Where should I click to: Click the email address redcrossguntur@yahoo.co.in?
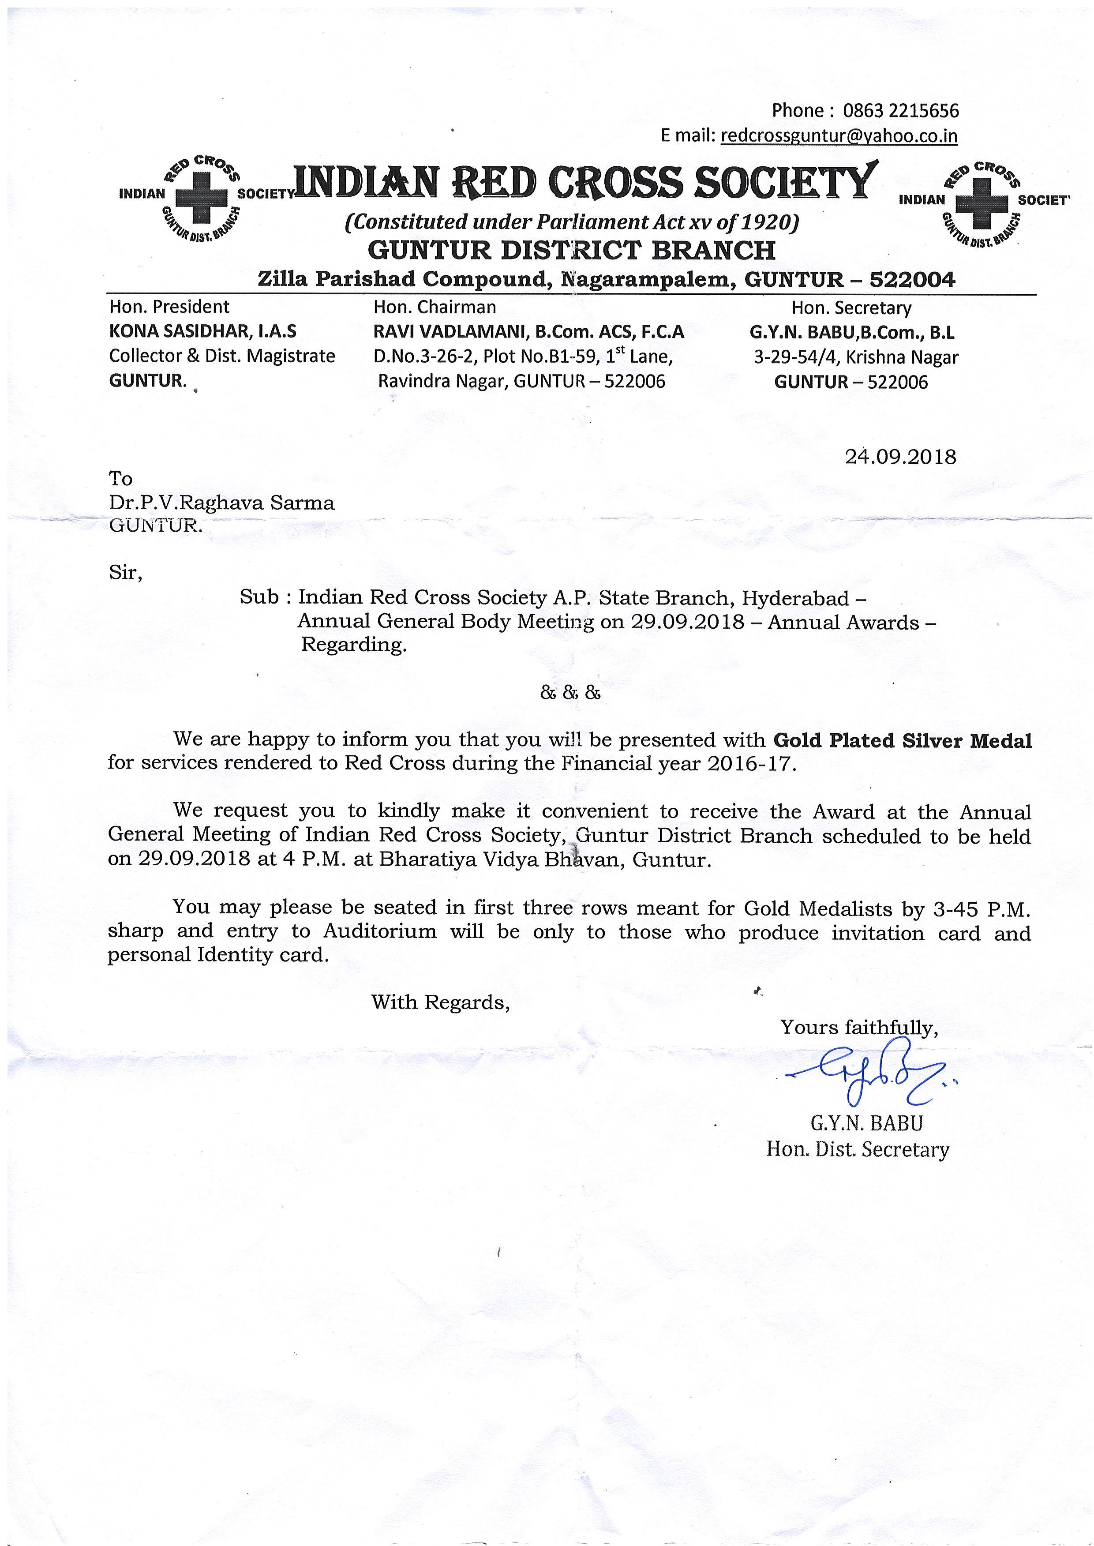tap(839, 136)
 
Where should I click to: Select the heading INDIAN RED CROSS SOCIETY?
tap(585, 183)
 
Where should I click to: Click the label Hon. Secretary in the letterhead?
tap(851, 308)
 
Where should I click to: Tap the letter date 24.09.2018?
tap(900, 458)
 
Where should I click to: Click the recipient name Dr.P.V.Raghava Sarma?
tap(221, 503)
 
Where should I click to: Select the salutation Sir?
tap(125, 573)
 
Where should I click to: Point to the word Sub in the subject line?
tap(259, 597)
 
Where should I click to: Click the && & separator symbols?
tap(570, 693)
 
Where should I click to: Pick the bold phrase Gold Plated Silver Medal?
tap(902, 741)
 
